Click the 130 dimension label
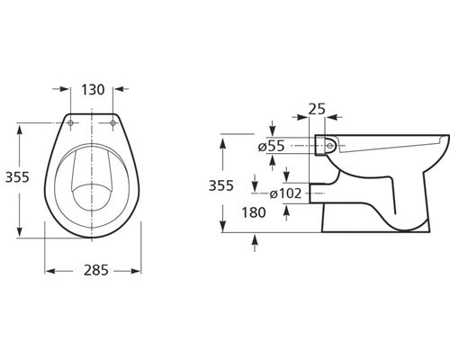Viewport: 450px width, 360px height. pyautogui.click(x=93, y=90)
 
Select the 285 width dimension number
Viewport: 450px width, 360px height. pyautogui.click(x=95, y=270)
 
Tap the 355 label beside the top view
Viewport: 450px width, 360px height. pyautogui.click(x=17, y=177)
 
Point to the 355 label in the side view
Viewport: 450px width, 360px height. pyautogui.click(x=221, y=185)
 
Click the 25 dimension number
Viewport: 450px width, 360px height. pyautogui.click(x=317, y=109)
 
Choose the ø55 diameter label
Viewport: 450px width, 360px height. pyautogui.click(x=271, y=147)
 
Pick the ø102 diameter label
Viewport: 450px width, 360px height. pyautogui.click(x=285, y=193)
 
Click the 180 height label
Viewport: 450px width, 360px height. pyautogui.click(x=254, y=212)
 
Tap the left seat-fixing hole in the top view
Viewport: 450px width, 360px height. pyautogui.click(x=71, y=123)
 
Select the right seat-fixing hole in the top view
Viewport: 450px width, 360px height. pyautogui.click(x=112, y=123)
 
